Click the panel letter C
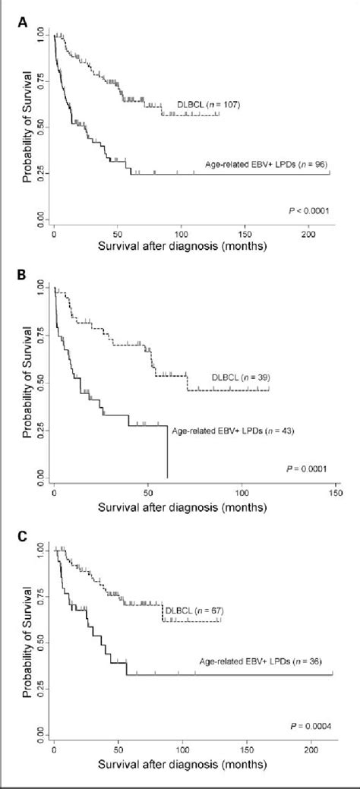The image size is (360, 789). click(x=22, y=536)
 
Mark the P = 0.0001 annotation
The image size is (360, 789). click(x=308, y=468)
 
